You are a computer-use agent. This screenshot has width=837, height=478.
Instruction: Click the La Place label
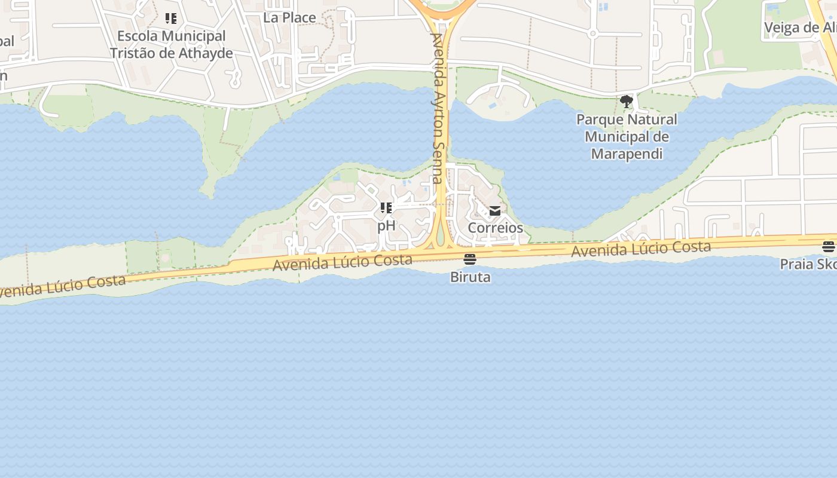click(289, 17)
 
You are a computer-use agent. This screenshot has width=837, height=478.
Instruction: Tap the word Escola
click(138, 36)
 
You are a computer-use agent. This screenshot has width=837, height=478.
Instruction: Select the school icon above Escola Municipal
click(171, 19)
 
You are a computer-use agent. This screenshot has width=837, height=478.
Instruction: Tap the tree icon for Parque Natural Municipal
click(626, 101)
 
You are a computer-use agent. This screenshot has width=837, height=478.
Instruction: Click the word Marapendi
click(627, 154)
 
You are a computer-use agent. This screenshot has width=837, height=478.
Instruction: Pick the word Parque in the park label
click(598, 119)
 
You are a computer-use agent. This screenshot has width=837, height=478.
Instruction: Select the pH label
click(386, 225)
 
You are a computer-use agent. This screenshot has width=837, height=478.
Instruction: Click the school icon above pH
click(386, 208)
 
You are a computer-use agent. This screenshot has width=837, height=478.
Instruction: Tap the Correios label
click(495, 228)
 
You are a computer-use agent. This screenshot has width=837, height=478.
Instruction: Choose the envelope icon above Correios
click(495, 211)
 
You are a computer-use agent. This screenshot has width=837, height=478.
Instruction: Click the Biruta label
click(470, 277)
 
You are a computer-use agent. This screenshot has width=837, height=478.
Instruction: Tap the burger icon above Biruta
click(470, 259)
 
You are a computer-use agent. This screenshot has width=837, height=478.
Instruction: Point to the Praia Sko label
click(808, 263)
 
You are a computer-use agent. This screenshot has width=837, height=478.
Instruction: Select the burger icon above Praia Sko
click(828, 246)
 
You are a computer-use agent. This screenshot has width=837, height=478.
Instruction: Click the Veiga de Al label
click(800, 27)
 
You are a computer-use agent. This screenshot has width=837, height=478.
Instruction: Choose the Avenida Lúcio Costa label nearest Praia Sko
click(641, 248)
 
